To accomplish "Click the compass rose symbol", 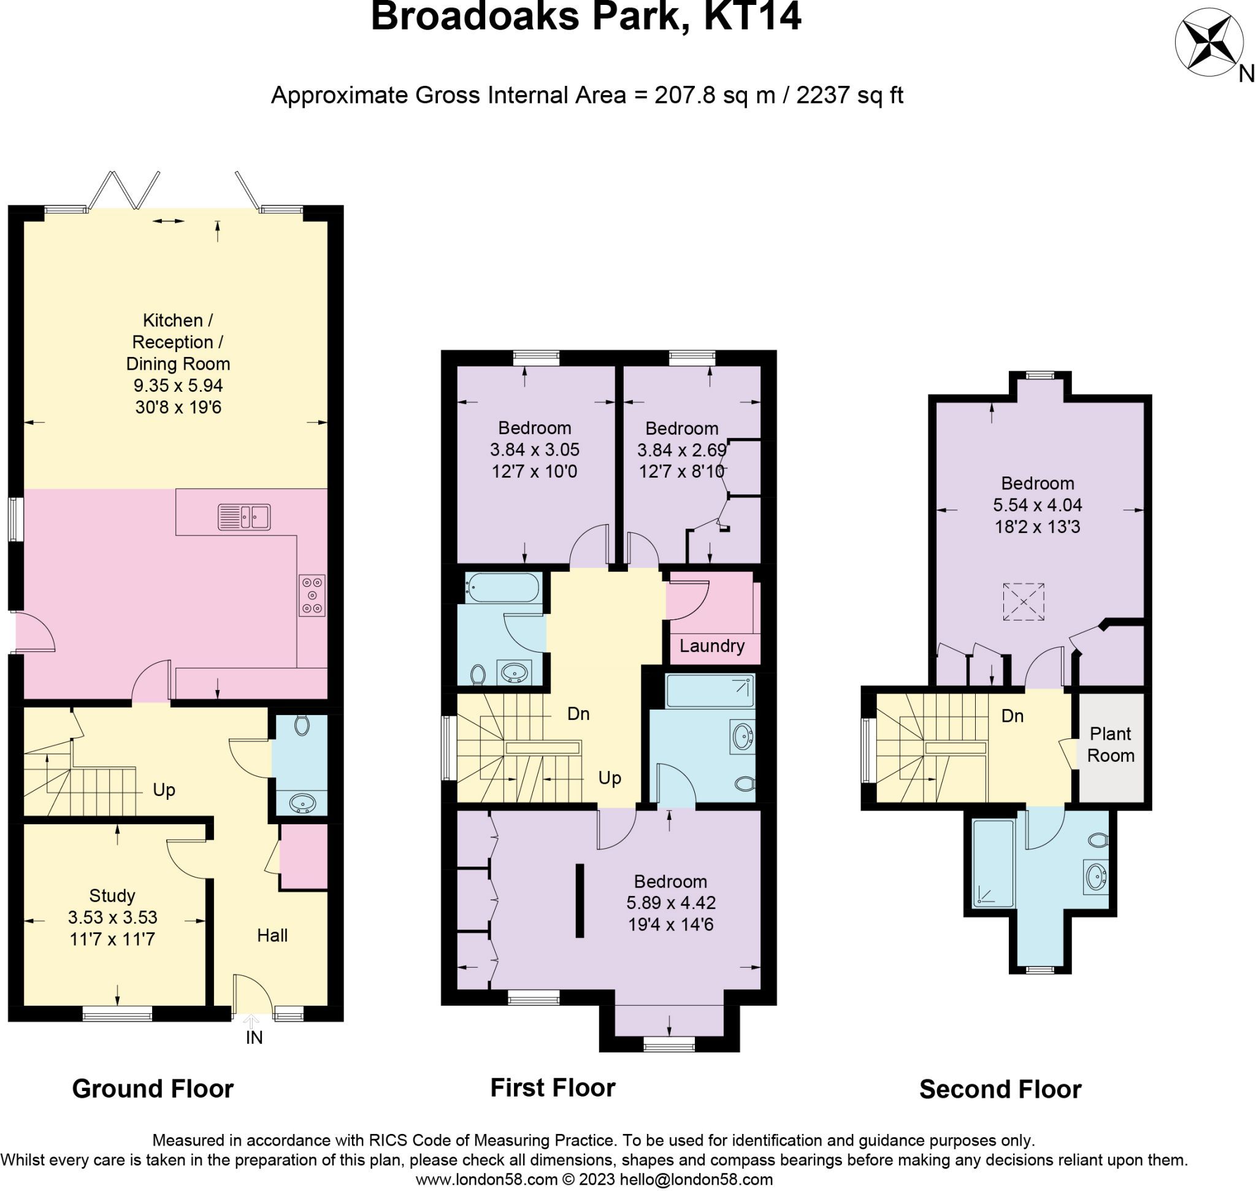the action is pos(1208,42).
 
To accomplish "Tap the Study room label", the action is pos(112,895).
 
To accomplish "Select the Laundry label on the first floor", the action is pos(711,646).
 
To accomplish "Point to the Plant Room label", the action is pos(1110,744).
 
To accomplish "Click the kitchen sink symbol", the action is pos(244,517).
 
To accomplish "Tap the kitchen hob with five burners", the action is pos(312,595).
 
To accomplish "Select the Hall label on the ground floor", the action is pos(272,935).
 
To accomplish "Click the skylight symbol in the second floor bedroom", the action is pos(1023,601).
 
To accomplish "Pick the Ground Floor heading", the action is pos(153,1088).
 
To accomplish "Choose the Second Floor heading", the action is pos(1000,1089).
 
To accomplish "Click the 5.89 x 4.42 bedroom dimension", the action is pos(670,902).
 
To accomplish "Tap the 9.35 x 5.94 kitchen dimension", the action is pos(178,385).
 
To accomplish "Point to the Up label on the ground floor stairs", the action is pos(164,790).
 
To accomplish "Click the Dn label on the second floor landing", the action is pos(1012,716).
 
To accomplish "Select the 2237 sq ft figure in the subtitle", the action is pos(849,95).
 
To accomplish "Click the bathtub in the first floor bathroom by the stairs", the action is pos(504,588).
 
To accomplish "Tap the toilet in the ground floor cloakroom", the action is pos(302,725).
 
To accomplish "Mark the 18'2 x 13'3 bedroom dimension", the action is pos(1037,527).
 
